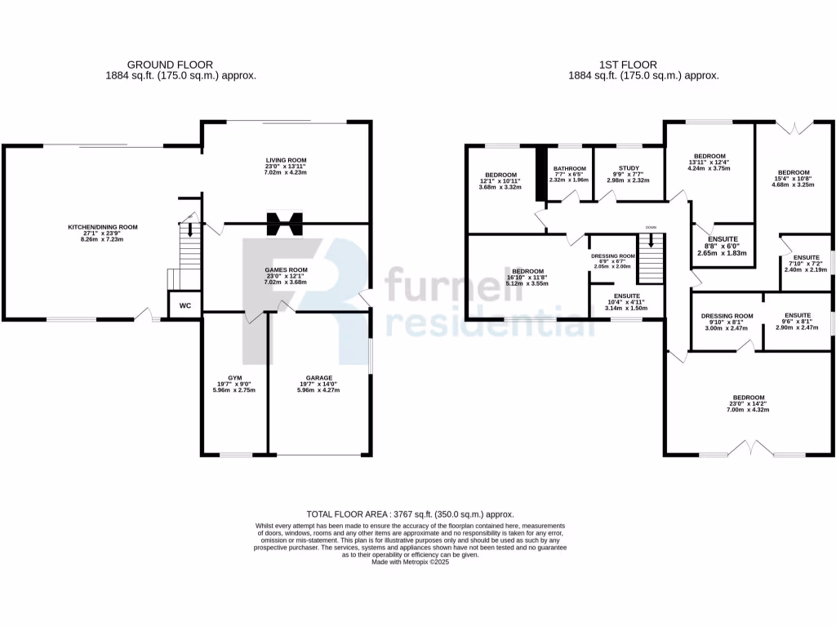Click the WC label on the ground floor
click(185, 305)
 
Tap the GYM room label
click(236, 378)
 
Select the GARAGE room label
click(318, 378)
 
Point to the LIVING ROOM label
click(286, 160)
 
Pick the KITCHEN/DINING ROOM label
click(102, 227)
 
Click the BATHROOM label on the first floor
click(570, 168)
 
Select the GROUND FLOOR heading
click(170, 64)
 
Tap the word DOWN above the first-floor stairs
click(651, 227)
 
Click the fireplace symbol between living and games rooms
click(286, 222)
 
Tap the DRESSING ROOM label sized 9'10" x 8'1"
click(727, 316)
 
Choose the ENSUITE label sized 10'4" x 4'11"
click(626, 296)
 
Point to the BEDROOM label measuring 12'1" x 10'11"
click(500, 175)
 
